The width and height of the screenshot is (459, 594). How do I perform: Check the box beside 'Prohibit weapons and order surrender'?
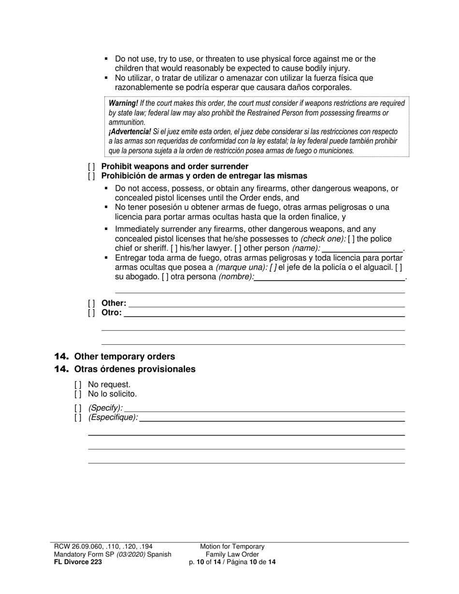(91, 167)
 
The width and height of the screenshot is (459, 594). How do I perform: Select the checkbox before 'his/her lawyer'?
(174, 248)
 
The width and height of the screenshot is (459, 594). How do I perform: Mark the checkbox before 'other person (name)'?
(238, 248)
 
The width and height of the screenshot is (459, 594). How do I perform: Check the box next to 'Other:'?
(91, 303)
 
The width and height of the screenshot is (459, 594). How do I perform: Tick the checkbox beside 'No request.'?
(78, 385)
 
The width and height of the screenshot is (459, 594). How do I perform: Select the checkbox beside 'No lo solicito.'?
(78, 394)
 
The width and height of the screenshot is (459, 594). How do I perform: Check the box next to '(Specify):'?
(78, 408)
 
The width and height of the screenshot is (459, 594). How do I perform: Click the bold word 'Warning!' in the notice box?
(123, 103)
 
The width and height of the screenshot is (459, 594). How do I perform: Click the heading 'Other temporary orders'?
(125, 357)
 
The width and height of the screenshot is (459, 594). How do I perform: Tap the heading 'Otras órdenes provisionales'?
(135, 369)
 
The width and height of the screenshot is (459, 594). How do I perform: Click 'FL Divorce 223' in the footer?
(78, 562)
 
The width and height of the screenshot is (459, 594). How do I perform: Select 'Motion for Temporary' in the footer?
(232, 547)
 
